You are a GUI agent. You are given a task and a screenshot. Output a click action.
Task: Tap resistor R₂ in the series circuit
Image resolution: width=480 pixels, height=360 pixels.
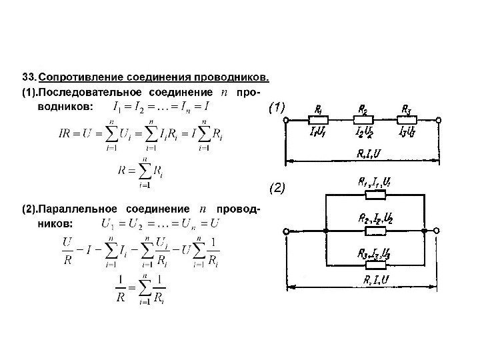pos(364,120)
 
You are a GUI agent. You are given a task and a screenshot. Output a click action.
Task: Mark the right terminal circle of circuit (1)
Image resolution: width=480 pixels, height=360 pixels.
pos(439,121)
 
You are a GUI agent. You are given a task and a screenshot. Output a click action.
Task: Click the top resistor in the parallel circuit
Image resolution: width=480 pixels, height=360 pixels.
pos(374,195)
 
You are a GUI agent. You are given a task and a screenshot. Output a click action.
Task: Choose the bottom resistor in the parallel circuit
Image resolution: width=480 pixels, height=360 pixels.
pos(374,265)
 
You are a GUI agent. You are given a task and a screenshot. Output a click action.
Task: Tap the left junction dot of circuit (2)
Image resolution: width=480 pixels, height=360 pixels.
pos(325,231)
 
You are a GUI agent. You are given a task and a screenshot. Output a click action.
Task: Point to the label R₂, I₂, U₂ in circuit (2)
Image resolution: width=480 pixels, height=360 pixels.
pos(374,217)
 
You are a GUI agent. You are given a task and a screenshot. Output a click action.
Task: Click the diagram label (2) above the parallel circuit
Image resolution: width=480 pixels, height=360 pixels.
pos(277,189)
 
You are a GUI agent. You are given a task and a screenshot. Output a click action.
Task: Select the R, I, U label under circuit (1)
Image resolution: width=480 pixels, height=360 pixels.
pos(369,153)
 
